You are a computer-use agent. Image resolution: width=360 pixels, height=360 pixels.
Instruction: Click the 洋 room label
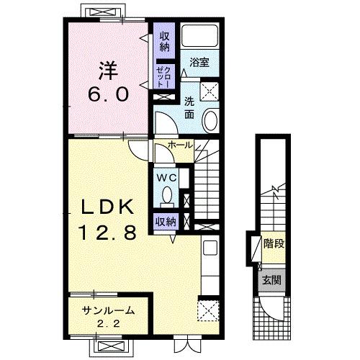coord(108,71)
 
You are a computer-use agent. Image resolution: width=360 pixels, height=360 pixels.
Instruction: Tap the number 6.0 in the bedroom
coord(108,94)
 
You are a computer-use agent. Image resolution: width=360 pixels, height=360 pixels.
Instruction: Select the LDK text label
coord(108,207)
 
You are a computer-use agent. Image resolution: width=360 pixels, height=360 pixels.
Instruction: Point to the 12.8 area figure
coord(108,233)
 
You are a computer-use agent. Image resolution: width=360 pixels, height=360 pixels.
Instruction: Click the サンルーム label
coord(108,310)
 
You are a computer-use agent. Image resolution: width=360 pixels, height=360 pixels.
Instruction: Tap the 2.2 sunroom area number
coord(108,324)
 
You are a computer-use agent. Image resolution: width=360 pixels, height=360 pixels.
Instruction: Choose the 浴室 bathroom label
coord(199,62)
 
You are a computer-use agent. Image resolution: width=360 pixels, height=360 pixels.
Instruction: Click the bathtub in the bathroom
coord(199,36)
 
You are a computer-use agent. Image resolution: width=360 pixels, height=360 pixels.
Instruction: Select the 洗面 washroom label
coord(189,109)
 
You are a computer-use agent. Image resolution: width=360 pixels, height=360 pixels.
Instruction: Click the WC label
coord(166,178)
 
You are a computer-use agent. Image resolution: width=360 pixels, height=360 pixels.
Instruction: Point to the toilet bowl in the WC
coord(167,197)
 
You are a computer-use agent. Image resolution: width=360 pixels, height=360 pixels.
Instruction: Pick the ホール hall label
coord(181,145)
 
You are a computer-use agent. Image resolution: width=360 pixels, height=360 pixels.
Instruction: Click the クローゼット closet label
coord(163,77)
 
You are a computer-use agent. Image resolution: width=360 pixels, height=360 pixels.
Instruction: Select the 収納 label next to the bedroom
coord(164,42)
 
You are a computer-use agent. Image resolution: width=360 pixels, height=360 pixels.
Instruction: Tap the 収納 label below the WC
coord(166,222)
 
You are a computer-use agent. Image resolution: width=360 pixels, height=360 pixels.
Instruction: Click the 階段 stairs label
coord(274,244)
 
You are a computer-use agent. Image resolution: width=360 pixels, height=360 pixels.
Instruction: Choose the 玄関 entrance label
coord(271,280)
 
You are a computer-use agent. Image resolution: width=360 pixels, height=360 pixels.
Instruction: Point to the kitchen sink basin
coord(210,248)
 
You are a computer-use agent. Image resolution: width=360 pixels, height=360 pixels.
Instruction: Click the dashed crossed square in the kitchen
coord(208,310)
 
